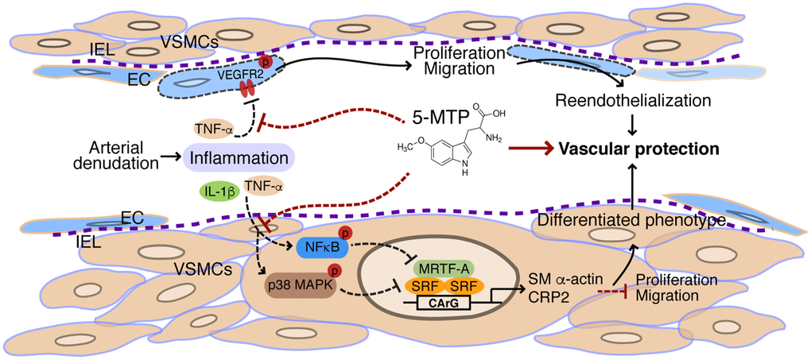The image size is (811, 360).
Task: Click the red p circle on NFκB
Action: click(x=347, y=233)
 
